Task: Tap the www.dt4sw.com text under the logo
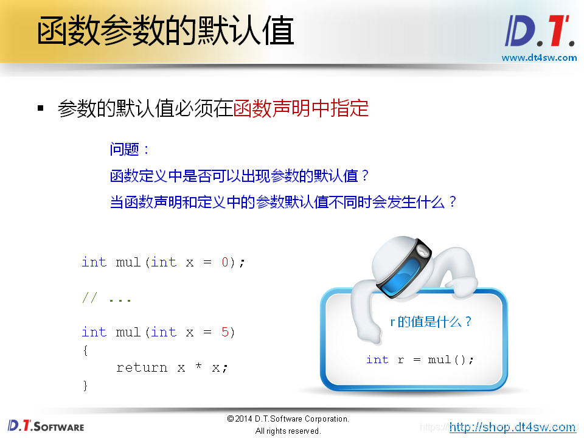coord(539,58)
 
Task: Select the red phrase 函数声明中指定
coord(301,109)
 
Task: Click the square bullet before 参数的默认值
coord(41,109)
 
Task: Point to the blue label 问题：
coord(130,149)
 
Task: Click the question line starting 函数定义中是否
coord(240,176)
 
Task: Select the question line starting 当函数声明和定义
coord(283,202)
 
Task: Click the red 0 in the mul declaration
coord(224,262)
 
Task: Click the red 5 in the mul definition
coord(224,332)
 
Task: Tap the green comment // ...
coord(89,298)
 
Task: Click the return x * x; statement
coord(172,367)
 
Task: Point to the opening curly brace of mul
coord(86,350)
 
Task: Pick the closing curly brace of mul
coord(86,385)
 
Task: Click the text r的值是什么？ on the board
coord(431,322)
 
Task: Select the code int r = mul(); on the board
coord(420,360)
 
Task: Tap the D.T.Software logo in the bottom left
coord(46,425)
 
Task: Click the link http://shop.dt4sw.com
coord(512,427)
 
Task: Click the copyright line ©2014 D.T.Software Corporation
coord(288,419)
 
